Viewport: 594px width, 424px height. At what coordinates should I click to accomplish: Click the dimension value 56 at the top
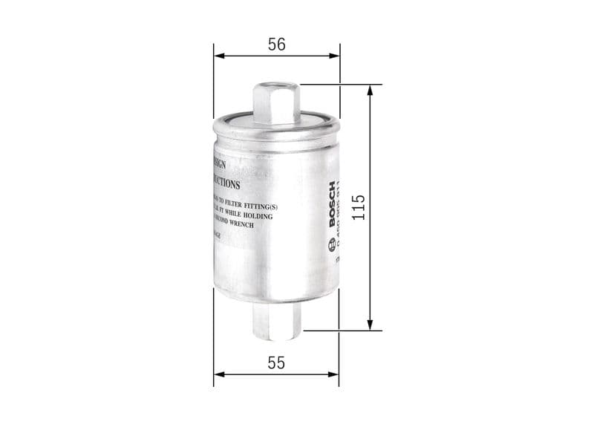276,45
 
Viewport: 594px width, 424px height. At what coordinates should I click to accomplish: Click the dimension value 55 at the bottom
276,363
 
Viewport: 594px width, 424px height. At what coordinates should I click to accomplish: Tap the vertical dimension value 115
358,208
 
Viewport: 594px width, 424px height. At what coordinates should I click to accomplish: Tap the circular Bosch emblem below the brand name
331,245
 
